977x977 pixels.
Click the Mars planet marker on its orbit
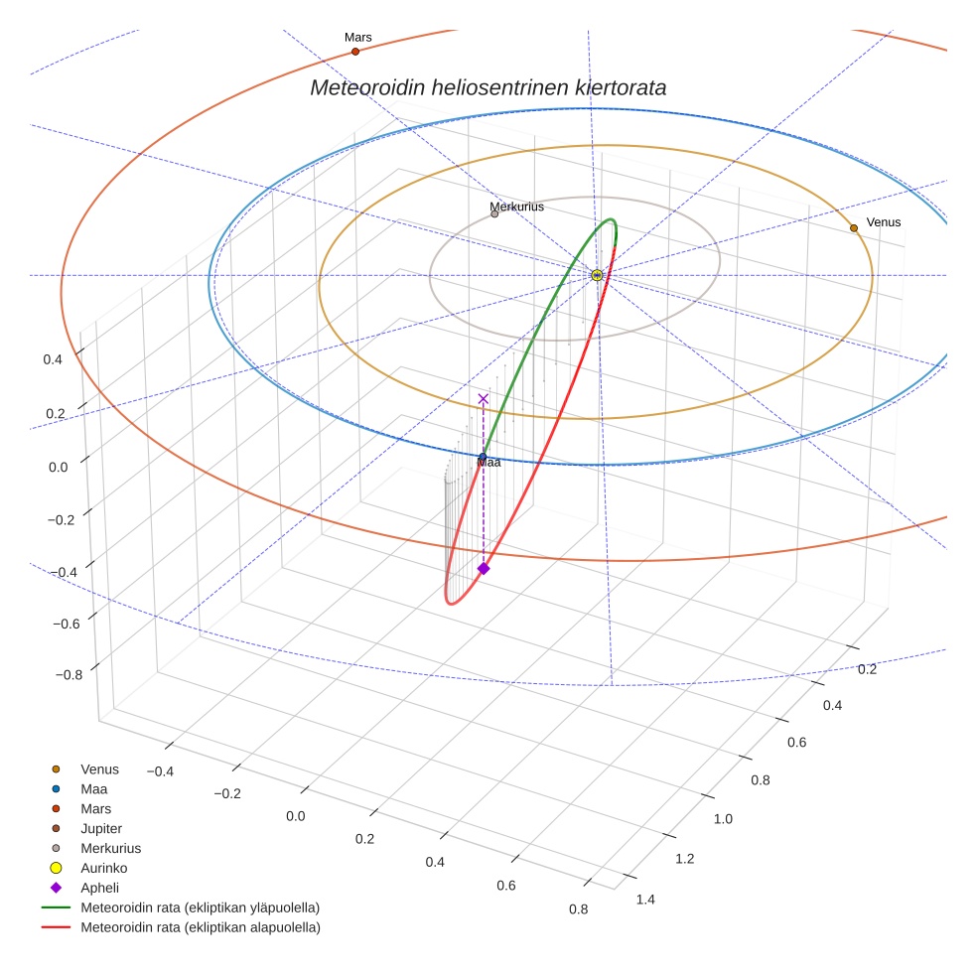(355, 52)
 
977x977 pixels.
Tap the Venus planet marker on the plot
(853, 228)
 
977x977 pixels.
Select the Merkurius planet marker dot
(494, 213)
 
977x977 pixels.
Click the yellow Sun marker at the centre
(597, 275)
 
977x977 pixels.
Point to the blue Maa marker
(483, 457)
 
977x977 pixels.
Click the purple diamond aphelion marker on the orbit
(484, 568)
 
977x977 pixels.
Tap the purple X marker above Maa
(484, 398)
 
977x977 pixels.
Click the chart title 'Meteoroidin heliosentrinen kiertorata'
(488, 87)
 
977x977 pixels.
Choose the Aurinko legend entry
(103, 868)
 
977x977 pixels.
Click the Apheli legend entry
(99, 888)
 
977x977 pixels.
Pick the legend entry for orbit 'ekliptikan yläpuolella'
(200, 907)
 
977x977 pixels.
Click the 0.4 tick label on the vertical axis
(54, 359)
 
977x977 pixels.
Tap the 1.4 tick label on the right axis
(644, 900)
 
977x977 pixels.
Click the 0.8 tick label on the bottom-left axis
(577, 908)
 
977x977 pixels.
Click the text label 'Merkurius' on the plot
(517, 207)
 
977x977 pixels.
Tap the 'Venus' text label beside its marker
(884, 222)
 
